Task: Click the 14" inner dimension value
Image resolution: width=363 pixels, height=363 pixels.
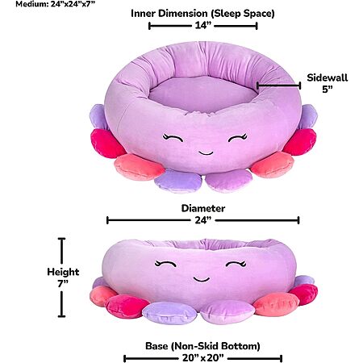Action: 203,25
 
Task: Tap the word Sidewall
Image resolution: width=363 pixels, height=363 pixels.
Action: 328,77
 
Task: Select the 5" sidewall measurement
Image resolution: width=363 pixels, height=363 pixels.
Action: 328,89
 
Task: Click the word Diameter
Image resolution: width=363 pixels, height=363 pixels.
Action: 203,208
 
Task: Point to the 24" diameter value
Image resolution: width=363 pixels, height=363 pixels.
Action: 203,220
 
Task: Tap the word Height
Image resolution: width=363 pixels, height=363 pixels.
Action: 63,272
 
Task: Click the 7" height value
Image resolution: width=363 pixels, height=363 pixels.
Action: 63,283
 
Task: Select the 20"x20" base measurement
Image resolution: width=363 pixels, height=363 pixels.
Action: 203,358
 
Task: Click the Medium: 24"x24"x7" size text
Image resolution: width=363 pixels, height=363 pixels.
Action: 56,4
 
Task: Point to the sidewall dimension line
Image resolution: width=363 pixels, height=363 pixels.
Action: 278,86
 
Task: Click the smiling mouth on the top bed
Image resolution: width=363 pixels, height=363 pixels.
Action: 206,153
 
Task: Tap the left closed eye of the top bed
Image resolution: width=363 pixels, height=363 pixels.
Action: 173,137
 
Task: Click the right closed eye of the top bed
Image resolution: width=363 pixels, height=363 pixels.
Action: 238,137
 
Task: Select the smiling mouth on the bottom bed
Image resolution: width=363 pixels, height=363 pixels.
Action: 202,279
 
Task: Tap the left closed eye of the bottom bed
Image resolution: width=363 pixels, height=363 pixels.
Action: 165,263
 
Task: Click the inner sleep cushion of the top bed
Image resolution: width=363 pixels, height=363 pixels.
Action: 203,93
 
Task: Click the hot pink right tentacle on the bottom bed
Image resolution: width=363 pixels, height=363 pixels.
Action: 304,294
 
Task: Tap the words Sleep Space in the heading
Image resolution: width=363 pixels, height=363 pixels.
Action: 243,14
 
